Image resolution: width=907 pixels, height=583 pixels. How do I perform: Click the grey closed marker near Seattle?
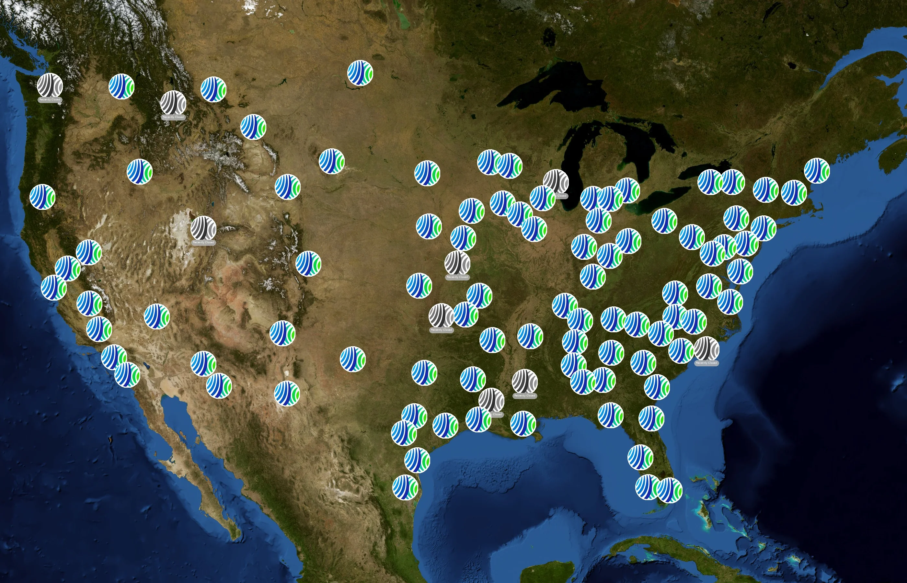[50, 86]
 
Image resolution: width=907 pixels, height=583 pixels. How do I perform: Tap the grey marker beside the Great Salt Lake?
[203, 228]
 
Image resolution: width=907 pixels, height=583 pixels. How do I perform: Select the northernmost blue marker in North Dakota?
[360, 73]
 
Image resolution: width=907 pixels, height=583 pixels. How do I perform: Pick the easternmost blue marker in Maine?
[817, 171]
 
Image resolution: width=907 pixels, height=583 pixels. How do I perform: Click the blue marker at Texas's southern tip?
[405, 487]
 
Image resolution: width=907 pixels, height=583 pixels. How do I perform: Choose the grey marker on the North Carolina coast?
[706, 348]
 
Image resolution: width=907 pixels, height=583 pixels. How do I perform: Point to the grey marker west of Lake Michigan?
[556, 182]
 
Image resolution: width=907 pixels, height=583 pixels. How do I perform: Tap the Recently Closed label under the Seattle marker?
[50, 99]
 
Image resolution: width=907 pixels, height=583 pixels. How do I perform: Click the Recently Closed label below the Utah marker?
[203, 242]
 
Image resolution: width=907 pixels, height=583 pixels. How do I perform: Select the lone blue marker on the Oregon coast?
[42, 197]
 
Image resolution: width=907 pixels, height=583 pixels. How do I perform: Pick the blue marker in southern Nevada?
[157, 316]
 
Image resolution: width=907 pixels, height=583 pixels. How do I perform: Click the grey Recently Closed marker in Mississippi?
[525, 382]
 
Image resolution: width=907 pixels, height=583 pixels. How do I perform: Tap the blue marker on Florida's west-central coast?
[640, 457]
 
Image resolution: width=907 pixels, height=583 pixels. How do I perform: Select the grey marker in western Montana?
[173, 103]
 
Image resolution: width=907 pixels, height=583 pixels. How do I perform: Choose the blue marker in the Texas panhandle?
[353, 359]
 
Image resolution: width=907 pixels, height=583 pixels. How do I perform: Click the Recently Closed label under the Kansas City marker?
[457, 277]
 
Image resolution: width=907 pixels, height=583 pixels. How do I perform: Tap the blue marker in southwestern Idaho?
[140, 171]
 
